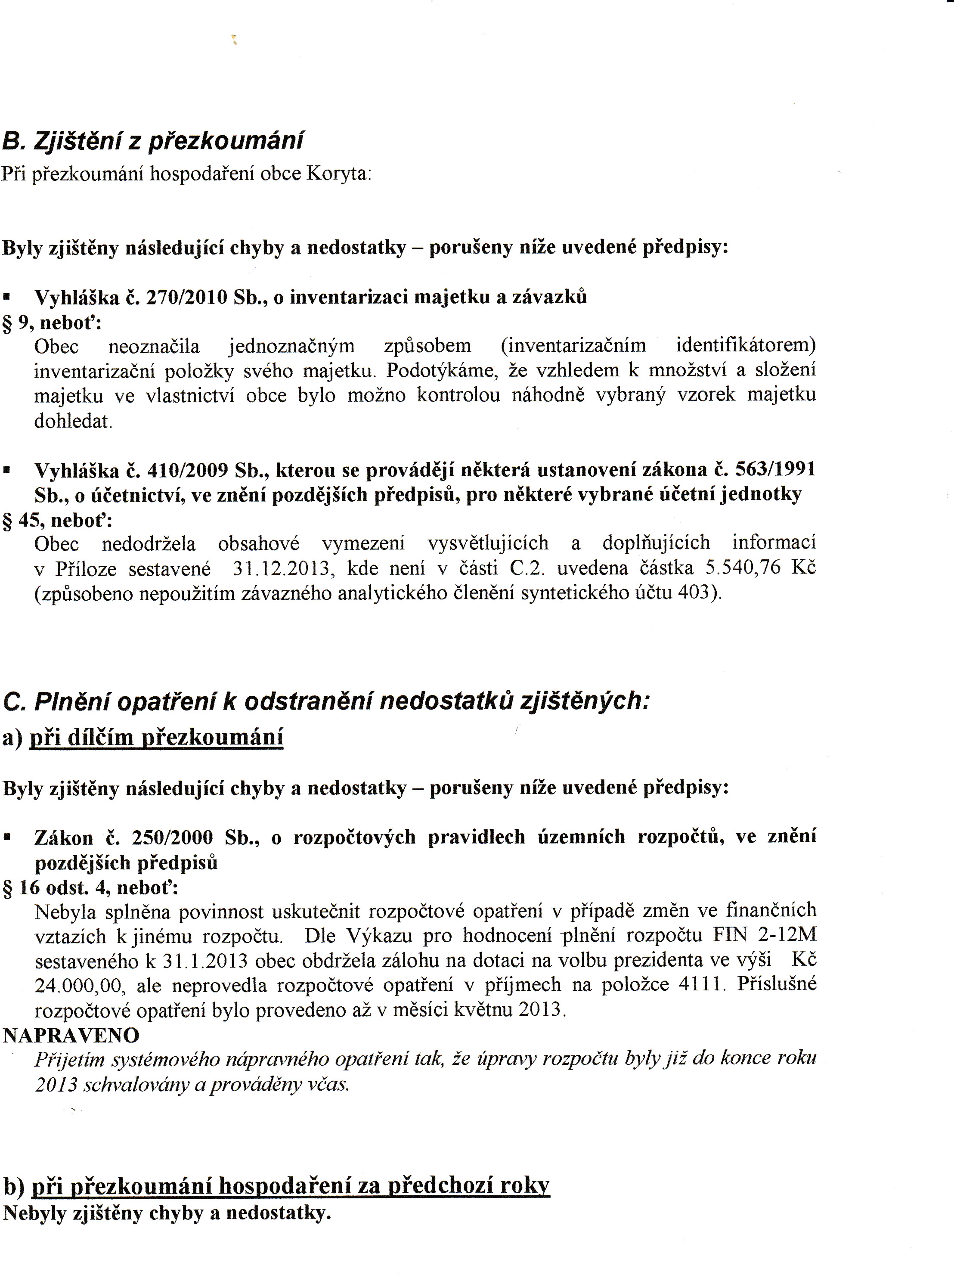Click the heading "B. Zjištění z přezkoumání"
(x=153, y=141)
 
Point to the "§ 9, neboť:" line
(x=52, y=322)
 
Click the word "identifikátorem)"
(x=746, y=346)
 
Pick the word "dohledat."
(x=73, y=422)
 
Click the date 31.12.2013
(x=281, y=569)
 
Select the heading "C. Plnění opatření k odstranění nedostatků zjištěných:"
(x=326, y=701)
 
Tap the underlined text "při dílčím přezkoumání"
(x=156, y=738)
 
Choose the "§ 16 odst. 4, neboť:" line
(x=91, y=887)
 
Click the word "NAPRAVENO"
(x=71, y=1036)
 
